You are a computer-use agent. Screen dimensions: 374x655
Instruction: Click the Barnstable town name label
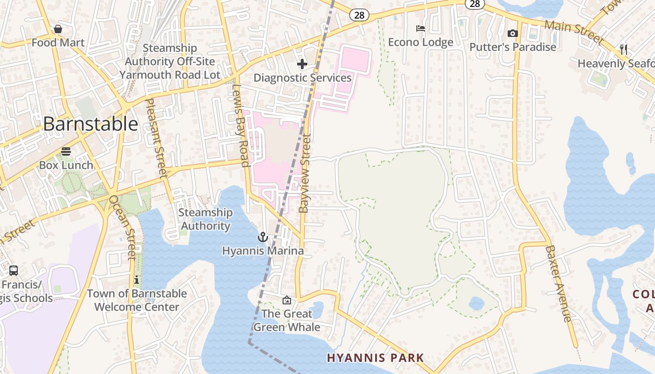90,124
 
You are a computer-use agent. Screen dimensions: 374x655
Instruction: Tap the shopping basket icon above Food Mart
58,29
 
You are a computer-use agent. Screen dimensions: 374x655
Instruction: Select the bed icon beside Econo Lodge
421,29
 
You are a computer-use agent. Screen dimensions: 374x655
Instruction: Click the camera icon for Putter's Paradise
513,33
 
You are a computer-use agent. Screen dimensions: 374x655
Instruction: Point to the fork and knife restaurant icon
623,49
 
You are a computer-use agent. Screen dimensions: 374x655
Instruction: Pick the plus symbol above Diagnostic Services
302,64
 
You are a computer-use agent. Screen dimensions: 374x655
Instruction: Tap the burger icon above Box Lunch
66,151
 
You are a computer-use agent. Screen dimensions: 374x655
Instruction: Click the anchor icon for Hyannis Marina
263,237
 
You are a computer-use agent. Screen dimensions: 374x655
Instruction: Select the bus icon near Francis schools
14,271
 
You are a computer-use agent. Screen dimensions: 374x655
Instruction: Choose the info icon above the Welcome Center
136,280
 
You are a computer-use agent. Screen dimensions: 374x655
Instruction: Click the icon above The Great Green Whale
286,300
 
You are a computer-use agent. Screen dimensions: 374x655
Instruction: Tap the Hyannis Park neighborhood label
375,358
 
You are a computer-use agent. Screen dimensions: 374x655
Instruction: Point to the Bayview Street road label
305,173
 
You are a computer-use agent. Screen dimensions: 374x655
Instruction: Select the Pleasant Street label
156,138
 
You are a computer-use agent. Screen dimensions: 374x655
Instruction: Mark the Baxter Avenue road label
559,283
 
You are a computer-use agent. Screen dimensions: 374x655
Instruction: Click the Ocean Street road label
123,227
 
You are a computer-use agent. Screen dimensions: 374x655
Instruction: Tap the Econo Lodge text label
421,43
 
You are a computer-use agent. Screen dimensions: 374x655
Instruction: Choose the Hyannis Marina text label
262,251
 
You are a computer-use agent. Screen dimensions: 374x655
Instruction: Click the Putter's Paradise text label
513,47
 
